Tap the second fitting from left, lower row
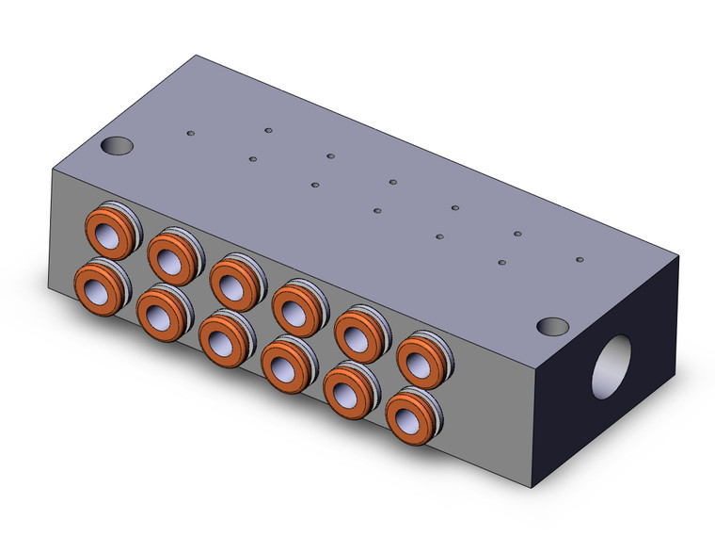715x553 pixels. (x=160, y=308)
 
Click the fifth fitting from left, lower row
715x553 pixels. (x=347, y=386)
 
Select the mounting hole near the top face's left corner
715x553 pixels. (x=117, y=147)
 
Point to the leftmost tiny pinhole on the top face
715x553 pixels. (x=191, y=134)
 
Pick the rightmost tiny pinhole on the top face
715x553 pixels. (x=580, y=259)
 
